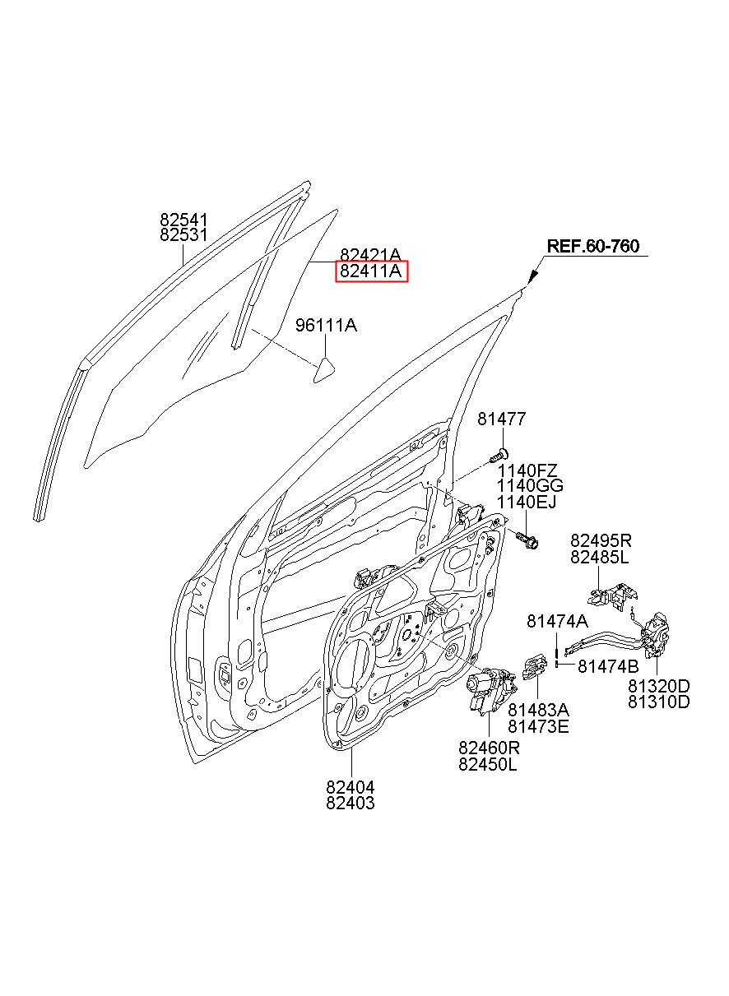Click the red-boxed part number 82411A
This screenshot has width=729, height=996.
(371, 271)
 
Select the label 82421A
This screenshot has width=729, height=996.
(371, 255)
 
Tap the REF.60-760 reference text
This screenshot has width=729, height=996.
(593, 246)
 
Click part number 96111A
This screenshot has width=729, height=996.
(327, 326)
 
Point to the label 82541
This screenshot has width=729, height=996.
(184, 220)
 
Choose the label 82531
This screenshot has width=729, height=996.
(184, 235)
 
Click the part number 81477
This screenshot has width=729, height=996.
(502, 419)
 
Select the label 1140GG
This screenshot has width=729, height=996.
(530, 485)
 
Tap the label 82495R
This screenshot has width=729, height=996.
(601, 540)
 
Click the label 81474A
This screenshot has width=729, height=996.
(557, 621)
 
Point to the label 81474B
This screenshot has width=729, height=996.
(609, 666)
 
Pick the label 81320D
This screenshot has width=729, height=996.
(659, 686)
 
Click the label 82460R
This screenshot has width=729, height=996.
(489, 748)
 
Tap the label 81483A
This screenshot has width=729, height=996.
(539, 710)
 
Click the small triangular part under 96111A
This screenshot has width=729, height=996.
(324, 370)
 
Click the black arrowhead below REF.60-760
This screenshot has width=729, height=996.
(533, 277)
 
